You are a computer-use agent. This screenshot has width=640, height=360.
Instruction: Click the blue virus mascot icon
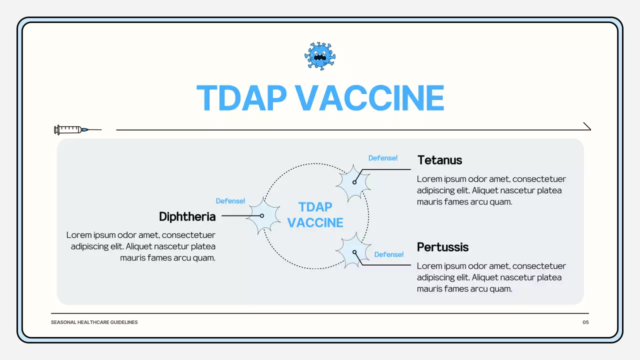click(320, 56)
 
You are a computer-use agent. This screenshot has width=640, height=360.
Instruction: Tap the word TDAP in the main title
click(241, 98)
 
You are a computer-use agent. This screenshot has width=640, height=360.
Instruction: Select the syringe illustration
click(75, 130)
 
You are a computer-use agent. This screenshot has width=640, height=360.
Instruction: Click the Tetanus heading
click(439, 160)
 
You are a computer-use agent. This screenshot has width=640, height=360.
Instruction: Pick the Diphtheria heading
click(187, 216)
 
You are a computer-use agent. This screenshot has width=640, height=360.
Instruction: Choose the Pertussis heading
click(442, 247)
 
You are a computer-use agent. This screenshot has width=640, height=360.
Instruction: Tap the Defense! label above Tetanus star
click(383, 158)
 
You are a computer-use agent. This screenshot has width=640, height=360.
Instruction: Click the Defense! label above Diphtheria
click(230, 201)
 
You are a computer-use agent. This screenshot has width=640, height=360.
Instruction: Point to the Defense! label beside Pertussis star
click(389, 254)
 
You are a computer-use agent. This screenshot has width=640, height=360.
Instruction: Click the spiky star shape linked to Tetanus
click(353, 183)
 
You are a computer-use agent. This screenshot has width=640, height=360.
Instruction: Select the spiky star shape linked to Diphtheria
click(262, 215)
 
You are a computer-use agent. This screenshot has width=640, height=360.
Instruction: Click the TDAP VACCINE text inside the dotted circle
click(315, 215)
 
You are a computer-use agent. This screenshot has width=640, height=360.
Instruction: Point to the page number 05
click(585, 322)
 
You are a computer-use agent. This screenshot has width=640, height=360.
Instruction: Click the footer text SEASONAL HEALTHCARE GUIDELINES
click(94, 322)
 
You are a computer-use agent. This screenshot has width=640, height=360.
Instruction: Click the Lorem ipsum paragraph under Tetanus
click(491, 190)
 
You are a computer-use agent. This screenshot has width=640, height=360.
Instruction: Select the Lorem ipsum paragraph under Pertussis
click(491, 277)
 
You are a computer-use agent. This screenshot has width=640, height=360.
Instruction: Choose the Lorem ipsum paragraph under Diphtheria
click(141, 246)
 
